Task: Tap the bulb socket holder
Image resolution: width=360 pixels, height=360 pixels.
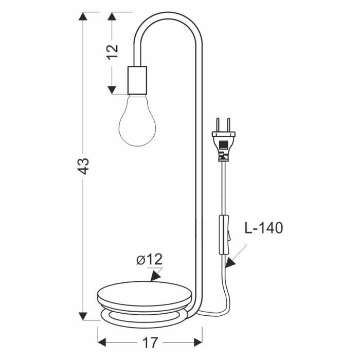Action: [x=137, y=80]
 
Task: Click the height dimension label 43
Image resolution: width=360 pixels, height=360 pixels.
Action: [x=83, y=166]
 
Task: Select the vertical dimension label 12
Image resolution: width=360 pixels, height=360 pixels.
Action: [x=113, y=51]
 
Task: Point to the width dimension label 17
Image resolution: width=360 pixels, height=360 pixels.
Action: [x=150, y=343]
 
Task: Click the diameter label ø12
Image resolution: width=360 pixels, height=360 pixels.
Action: [x=150, y=259]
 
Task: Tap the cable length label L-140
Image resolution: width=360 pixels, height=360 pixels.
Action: [x=264, y=228]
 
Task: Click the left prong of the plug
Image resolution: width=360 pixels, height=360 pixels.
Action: [x=218, y=124]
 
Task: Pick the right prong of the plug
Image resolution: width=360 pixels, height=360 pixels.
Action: [x=228, y=124]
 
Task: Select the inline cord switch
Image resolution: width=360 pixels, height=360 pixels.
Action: [x=225, y=235]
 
